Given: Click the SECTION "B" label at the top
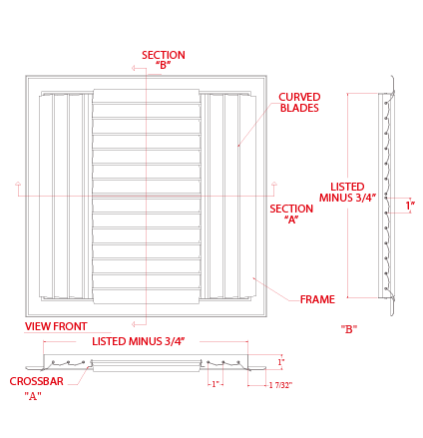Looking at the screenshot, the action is point(164,60).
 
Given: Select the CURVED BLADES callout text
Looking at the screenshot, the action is point(299,102).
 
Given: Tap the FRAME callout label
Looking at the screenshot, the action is point(317,299).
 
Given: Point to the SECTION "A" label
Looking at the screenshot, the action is point(291,214).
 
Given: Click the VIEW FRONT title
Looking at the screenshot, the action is point(56,326).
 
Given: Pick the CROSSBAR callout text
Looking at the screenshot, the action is point(36,381).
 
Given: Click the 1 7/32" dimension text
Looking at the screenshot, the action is point(281,385).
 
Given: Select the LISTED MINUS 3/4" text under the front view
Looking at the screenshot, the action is point(138,341).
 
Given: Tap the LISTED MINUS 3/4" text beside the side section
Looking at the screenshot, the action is point(347,192).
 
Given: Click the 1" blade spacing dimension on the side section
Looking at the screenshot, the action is point(410,206).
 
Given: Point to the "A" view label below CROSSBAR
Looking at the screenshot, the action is point(33,396).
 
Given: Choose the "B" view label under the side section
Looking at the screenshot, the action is point(349,329).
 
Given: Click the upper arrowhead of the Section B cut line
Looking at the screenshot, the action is point(134,68).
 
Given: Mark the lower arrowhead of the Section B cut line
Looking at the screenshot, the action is point(134,324).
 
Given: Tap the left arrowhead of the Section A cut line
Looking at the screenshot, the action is point(18,184).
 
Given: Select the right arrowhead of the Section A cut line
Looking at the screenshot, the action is point(274,184).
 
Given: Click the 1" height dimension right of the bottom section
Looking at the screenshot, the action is point(281,361).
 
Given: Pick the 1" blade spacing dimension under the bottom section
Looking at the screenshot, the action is point(215,384).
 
